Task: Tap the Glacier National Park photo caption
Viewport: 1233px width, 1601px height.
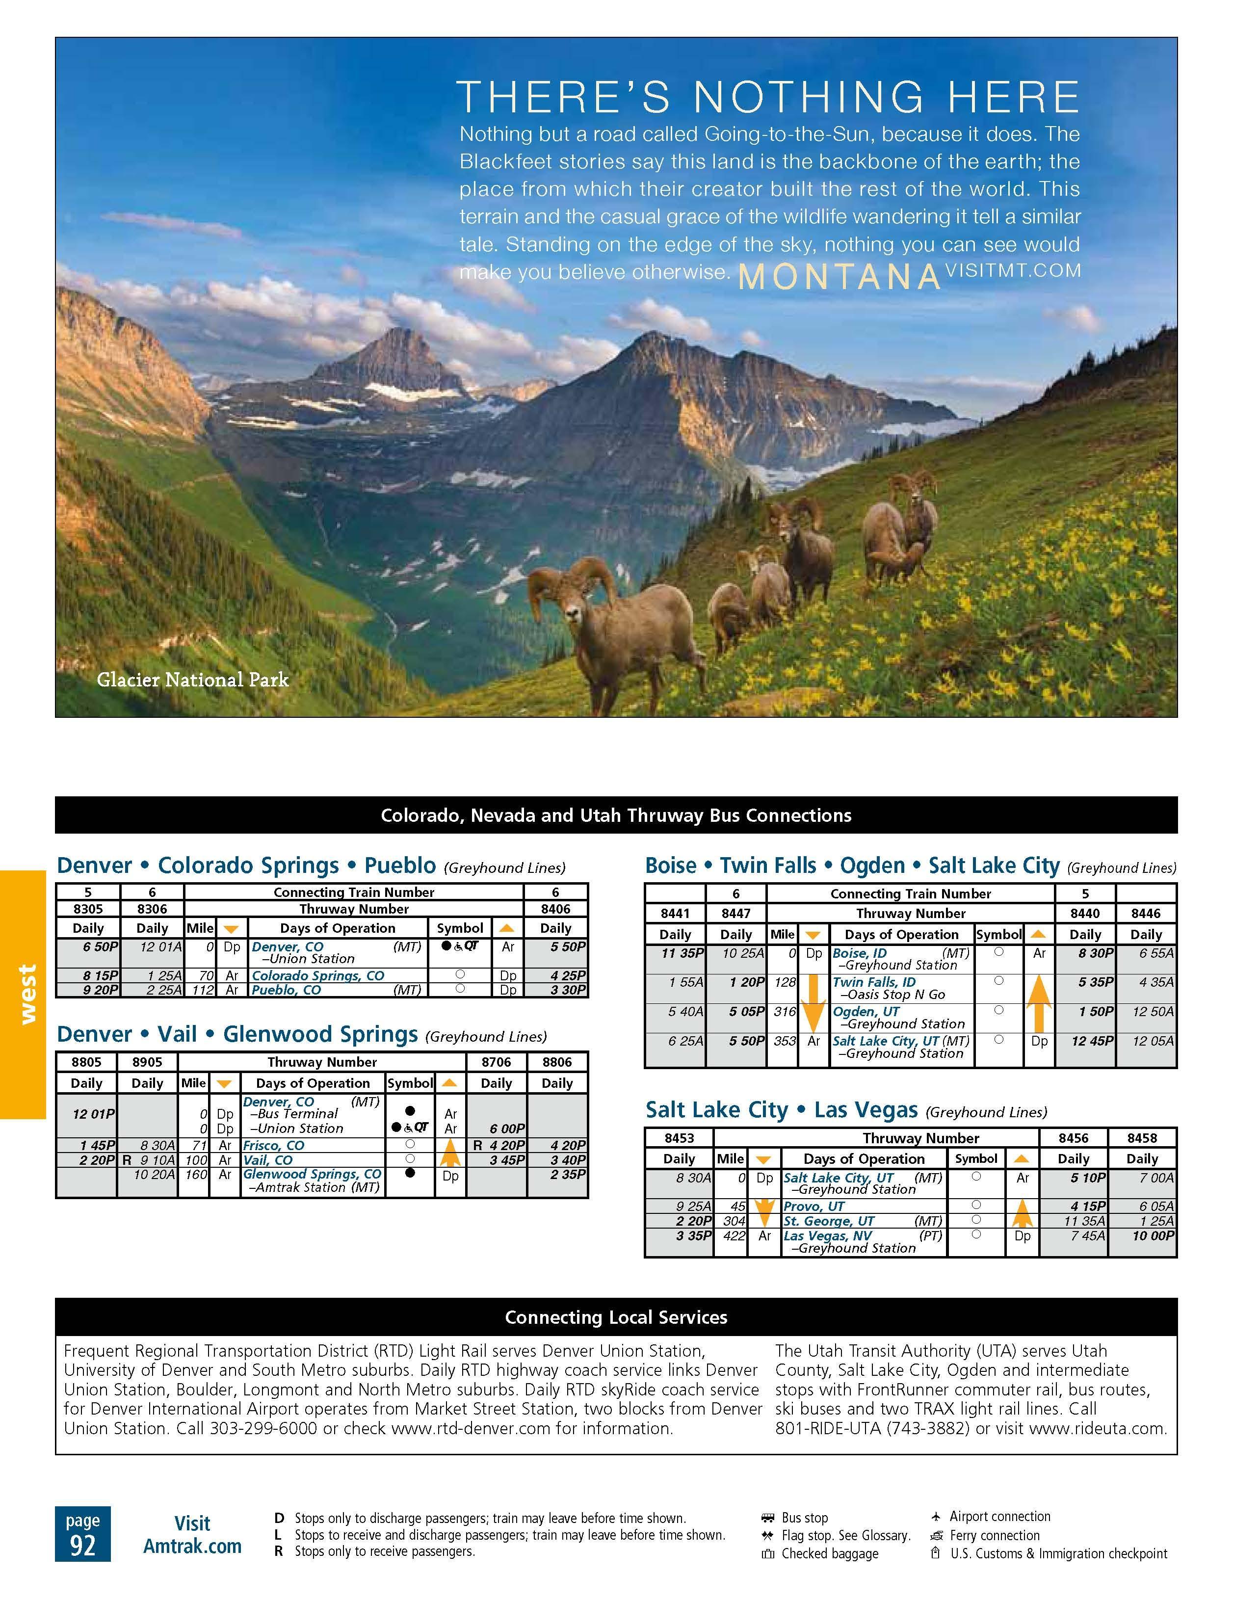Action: [x=193, y=680]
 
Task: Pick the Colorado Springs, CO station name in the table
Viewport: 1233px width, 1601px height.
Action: [x=317, y=976]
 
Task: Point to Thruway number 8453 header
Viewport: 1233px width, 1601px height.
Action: [x=679, y=1138]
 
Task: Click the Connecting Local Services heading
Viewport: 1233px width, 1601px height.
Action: [x=616, y=1317]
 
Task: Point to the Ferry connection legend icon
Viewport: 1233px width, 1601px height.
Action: [x=936, y=1535]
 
